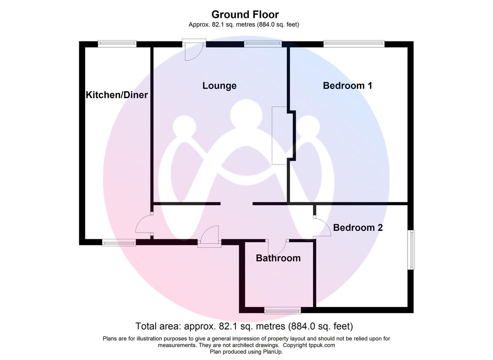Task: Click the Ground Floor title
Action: click(x=245, y=14)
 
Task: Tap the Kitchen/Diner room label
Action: click(x=117, y=95)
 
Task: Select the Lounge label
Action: click(x=219, y=86)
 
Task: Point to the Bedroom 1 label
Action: click(x=347, y=85)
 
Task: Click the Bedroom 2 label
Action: click(x=358, y=227)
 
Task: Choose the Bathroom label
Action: click(x=278, y=258)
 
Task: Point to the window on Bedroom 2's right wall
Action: click(x=411, y=250)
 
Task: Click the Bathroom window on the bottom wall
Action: click(x=282, y=310)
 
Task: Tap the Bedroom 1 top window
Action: click(x=354, y=44)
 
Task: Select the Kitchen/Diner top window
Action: click(x=117, y=44)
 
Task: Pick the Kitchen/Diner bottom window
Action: click(x=119, y=243)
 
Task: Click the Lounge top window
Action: click(x=263, y=44)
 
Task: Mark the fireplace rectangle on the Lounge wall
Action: click(x=279, y=135)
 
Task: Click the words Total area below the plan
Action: click(x=158, y=326)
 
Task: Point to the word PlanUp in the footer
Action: click(x=272, y=352)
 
